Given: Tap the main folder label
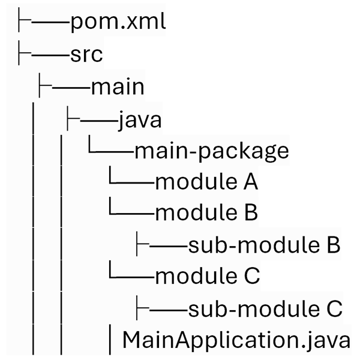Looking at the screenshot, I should tap(118, 87).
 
